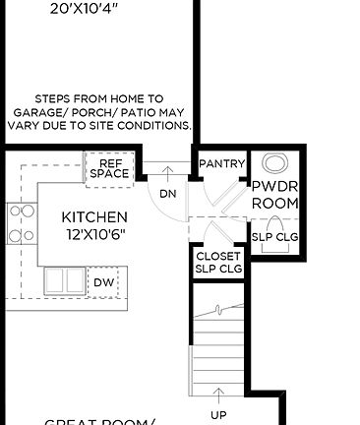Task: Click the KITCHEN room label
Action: point(94,216)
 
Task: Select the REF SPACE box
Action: point(108,168)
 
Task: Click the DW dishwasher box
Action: point(104,283)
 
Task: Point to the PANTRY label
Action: point(221,163)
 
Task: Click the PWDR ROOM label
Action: point(274,194)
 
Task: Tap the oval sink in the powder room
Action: point(276,164)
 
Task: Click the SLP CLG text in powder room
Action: point(274,237)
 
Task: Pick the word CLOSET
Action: point(217,256)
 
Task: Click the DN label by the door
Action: point(168,194)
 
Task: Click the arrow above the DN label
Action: point(168,175)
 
